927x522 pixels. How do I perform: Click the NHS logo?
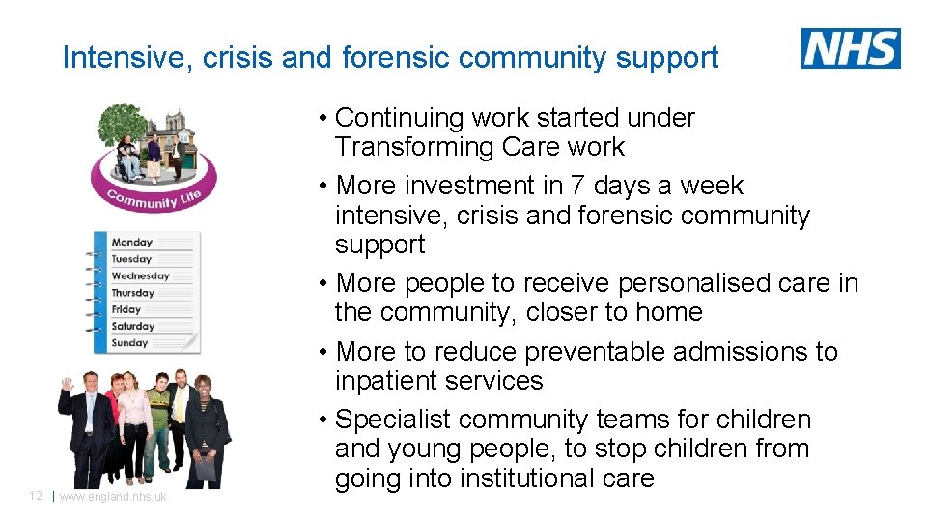[851, 48]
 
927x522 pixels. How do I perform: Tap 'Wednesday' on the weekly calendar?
[140, 276]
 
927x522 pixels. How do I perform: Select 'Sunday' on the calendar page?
[129, 343]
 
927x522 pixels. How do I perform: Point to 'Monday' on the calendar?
[131, 243]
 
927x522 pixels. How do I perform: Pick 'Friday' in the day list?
[126, 309]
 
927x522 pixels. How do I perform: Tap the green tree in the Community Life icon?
[122, 124]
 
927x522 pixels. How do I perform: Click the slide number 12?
[35, 496]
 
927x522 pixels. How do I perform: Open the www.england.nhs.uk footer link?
[113, 497]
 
